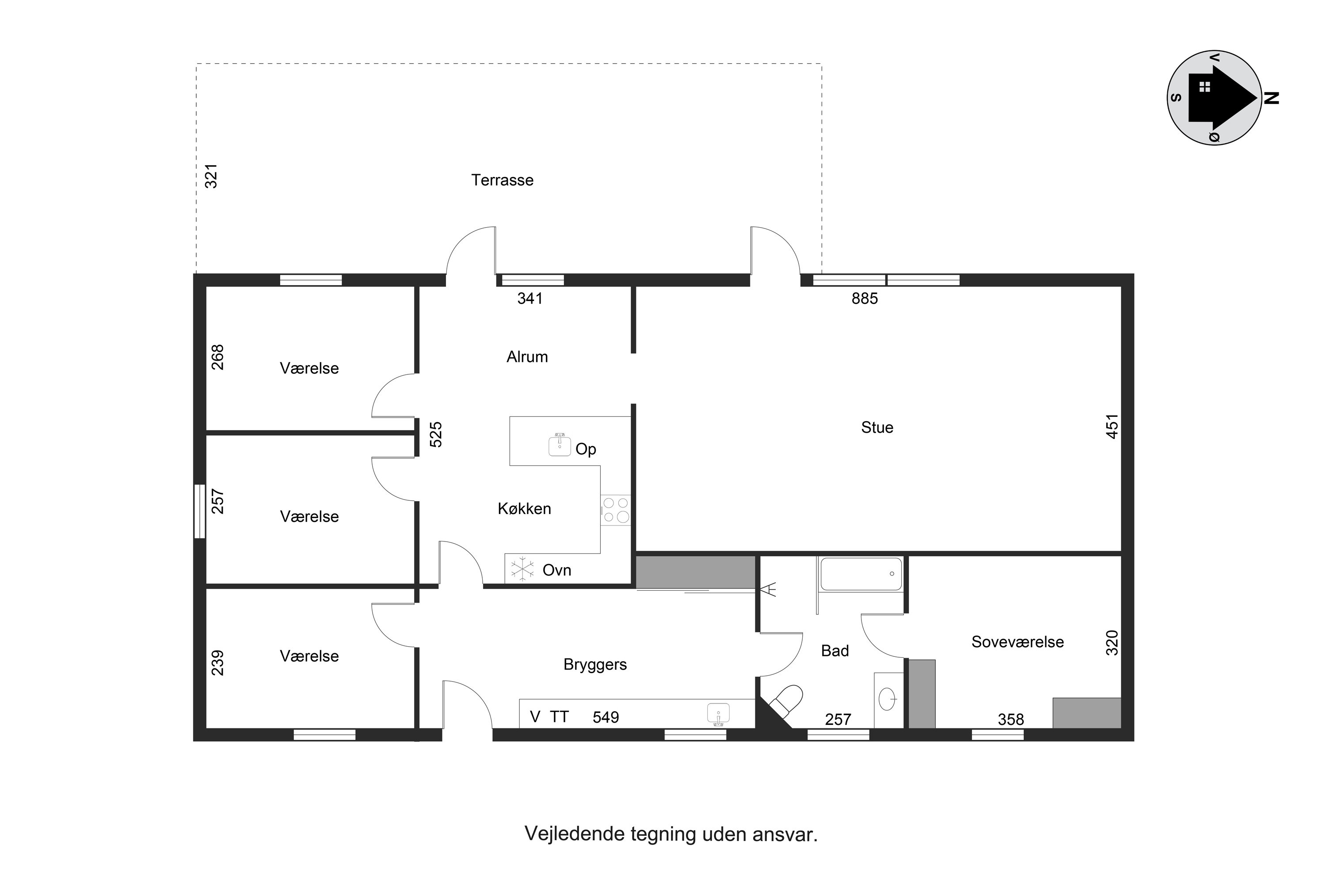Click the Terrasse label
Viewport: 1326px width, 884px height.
502,180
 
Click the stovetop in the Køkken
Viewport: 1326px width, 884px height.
616,510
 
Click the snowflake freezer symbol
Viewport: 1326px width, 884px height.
522,569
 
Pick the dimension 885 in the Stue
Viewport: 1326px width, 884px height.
864,299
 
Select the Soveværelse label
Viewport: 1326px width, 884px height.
1017,642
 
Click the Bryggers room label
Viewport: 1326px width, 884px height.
595,665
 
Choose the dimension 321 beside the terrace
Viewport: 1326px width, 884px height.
211,176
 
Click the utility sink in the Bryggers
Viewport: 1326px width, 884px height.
718,714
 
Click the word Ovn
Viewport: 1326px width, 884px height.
556,571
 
